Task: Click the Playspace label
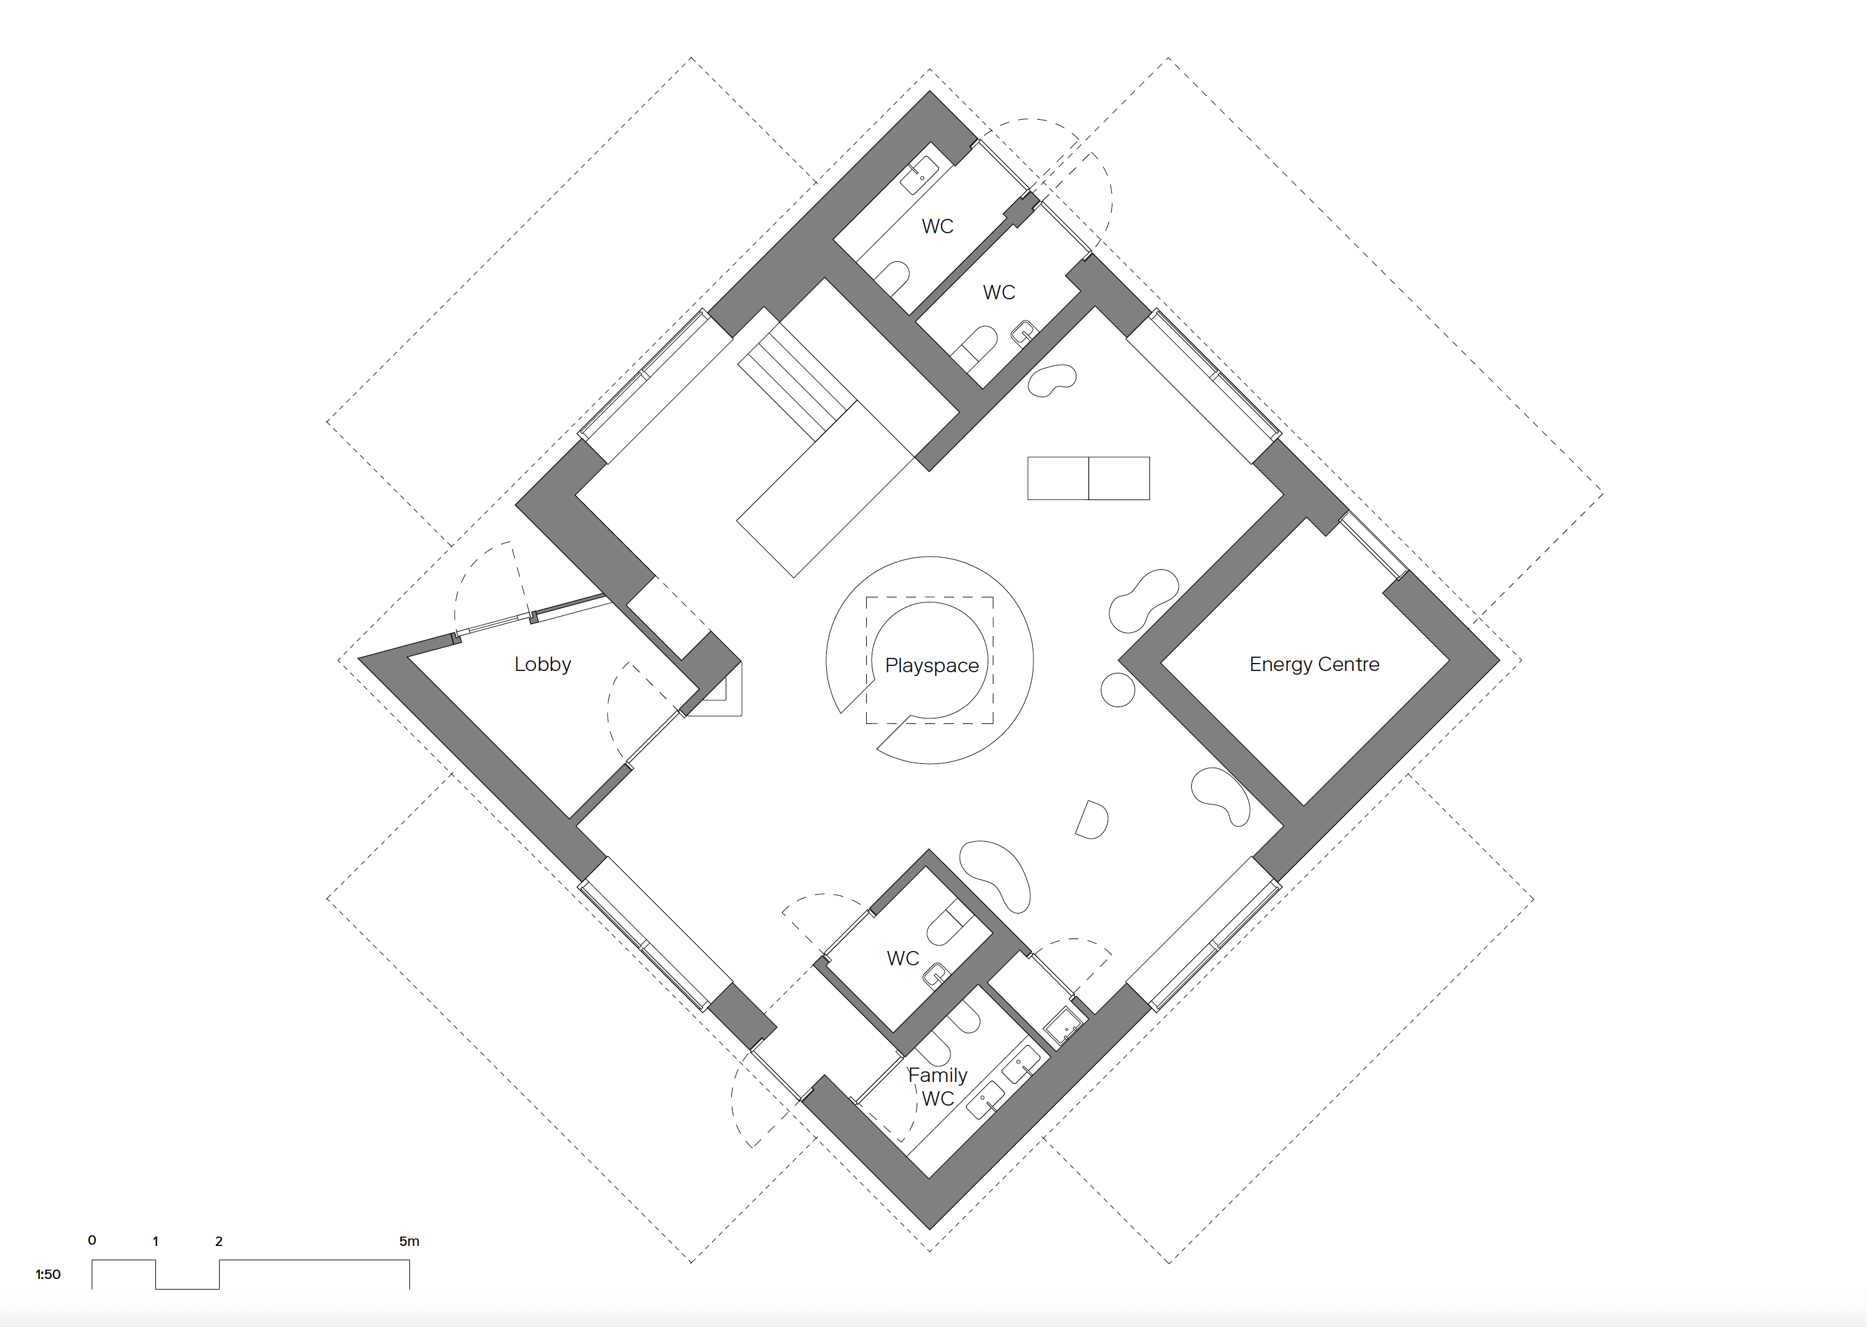(x=932, y=666)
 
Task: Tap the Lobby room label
(x=543, y=664)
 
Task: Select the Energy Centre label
(x=1314, y=664)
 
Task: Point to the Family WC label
(x=938, y=1087)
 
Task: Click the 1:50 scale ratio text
(x=48, y=1274)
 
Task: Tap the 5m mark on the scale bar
(x=409, y=1241)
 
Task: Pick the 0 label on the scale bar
(x=92, y=1240)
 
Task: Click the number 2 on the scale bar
(x=219, y=1241)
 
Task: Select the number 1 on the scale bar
(x=155, y=1241)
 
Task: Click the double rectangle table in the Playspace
(x=1088, y=478)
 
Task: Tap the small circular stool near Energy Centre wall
(x=1118, y=690)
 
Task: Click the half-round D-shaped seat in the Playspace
(x=1092, y=819)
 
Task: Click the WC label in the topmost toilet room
(x=938, y=226)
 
